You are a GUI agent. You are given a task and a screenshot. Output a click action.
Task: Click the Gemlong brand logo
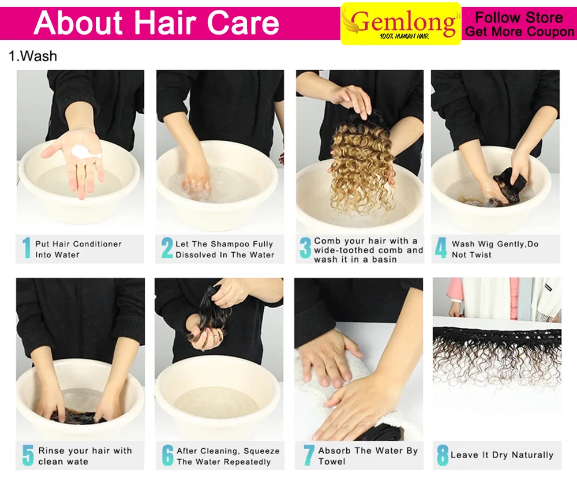[x=401, y=24]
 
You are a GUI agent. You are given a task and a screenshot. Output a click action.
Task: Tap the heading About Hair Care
[x=156, y=23]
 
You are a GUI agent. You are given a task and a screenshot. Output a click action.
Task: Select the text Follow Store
[x=519, y=17]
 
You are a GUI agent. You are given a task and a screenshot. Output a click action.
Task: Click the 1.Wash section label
[x=33, y=57]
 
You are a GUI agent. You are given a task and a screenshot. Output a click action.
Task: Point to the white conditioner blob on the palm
[x=87, y=152]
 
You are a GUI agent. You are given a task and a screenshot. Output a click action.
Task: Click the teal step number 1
[x=27, y=248]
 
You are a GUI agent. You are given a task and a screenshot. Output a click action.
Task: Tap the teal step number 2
[x=167, y=248]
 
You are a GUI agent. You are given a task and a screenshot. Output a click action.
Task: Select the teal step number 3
[x=305, y=248]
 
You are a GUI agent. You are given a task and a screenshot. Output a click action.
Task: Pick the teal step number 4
[x=441, y=248]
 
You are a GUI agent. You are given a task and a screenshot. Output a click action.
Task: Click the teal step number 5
[x=28, y=455]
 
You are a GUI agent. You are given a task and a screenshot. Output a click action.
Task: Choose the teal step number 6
[x=167, y=455]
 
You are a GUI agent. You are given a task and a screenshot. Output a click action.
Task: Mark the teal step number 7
[x=309, y=455]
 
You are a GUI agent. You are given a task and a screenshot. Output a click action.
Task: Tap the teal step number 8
[x=443, y=455]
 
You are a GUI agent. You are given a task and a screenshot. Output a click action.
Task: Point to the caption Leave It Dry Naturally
[x=502, y=455]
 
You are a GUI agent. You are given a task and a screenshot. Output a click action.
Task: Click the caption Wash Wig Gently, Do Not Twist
[x=495, y=249]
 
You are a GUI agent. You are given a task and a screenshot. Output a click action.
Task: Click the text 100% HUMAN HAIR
[x=404, y=36]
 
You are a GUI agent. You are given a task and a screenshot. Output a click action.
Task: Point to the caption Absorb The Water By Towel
[x=368, y=456]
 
